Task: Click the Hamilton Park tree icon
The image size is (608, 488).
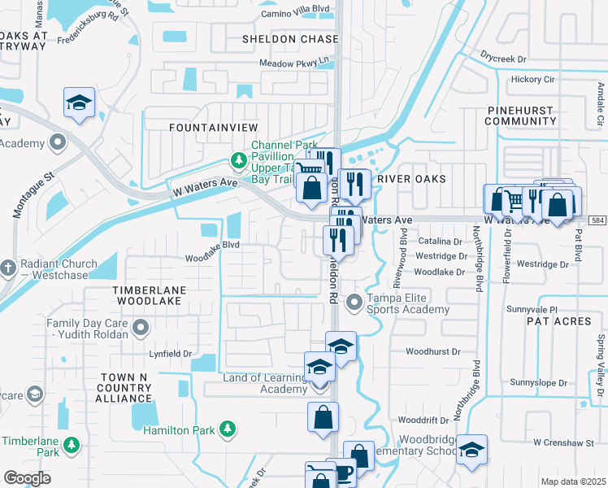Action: (x=229, y=428)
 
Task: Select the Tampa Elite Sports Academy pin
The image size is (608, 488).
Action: (x=354, y=303)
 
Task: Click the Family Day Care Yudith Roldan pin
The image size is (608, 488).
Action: (x=141, y=328)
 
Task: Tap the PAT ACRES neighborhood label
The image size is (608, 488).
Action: (x=558, y=322)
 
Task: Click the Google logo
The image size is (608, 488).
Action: (x=26, y=477)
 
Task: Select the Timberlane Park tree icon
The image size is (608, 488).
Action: (x=72, y=445)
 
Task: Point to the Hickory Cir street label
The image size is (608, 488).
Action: (x=532, y=80)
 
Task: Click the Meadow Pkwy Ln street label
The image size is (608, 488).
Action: (x=297, y=62)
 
